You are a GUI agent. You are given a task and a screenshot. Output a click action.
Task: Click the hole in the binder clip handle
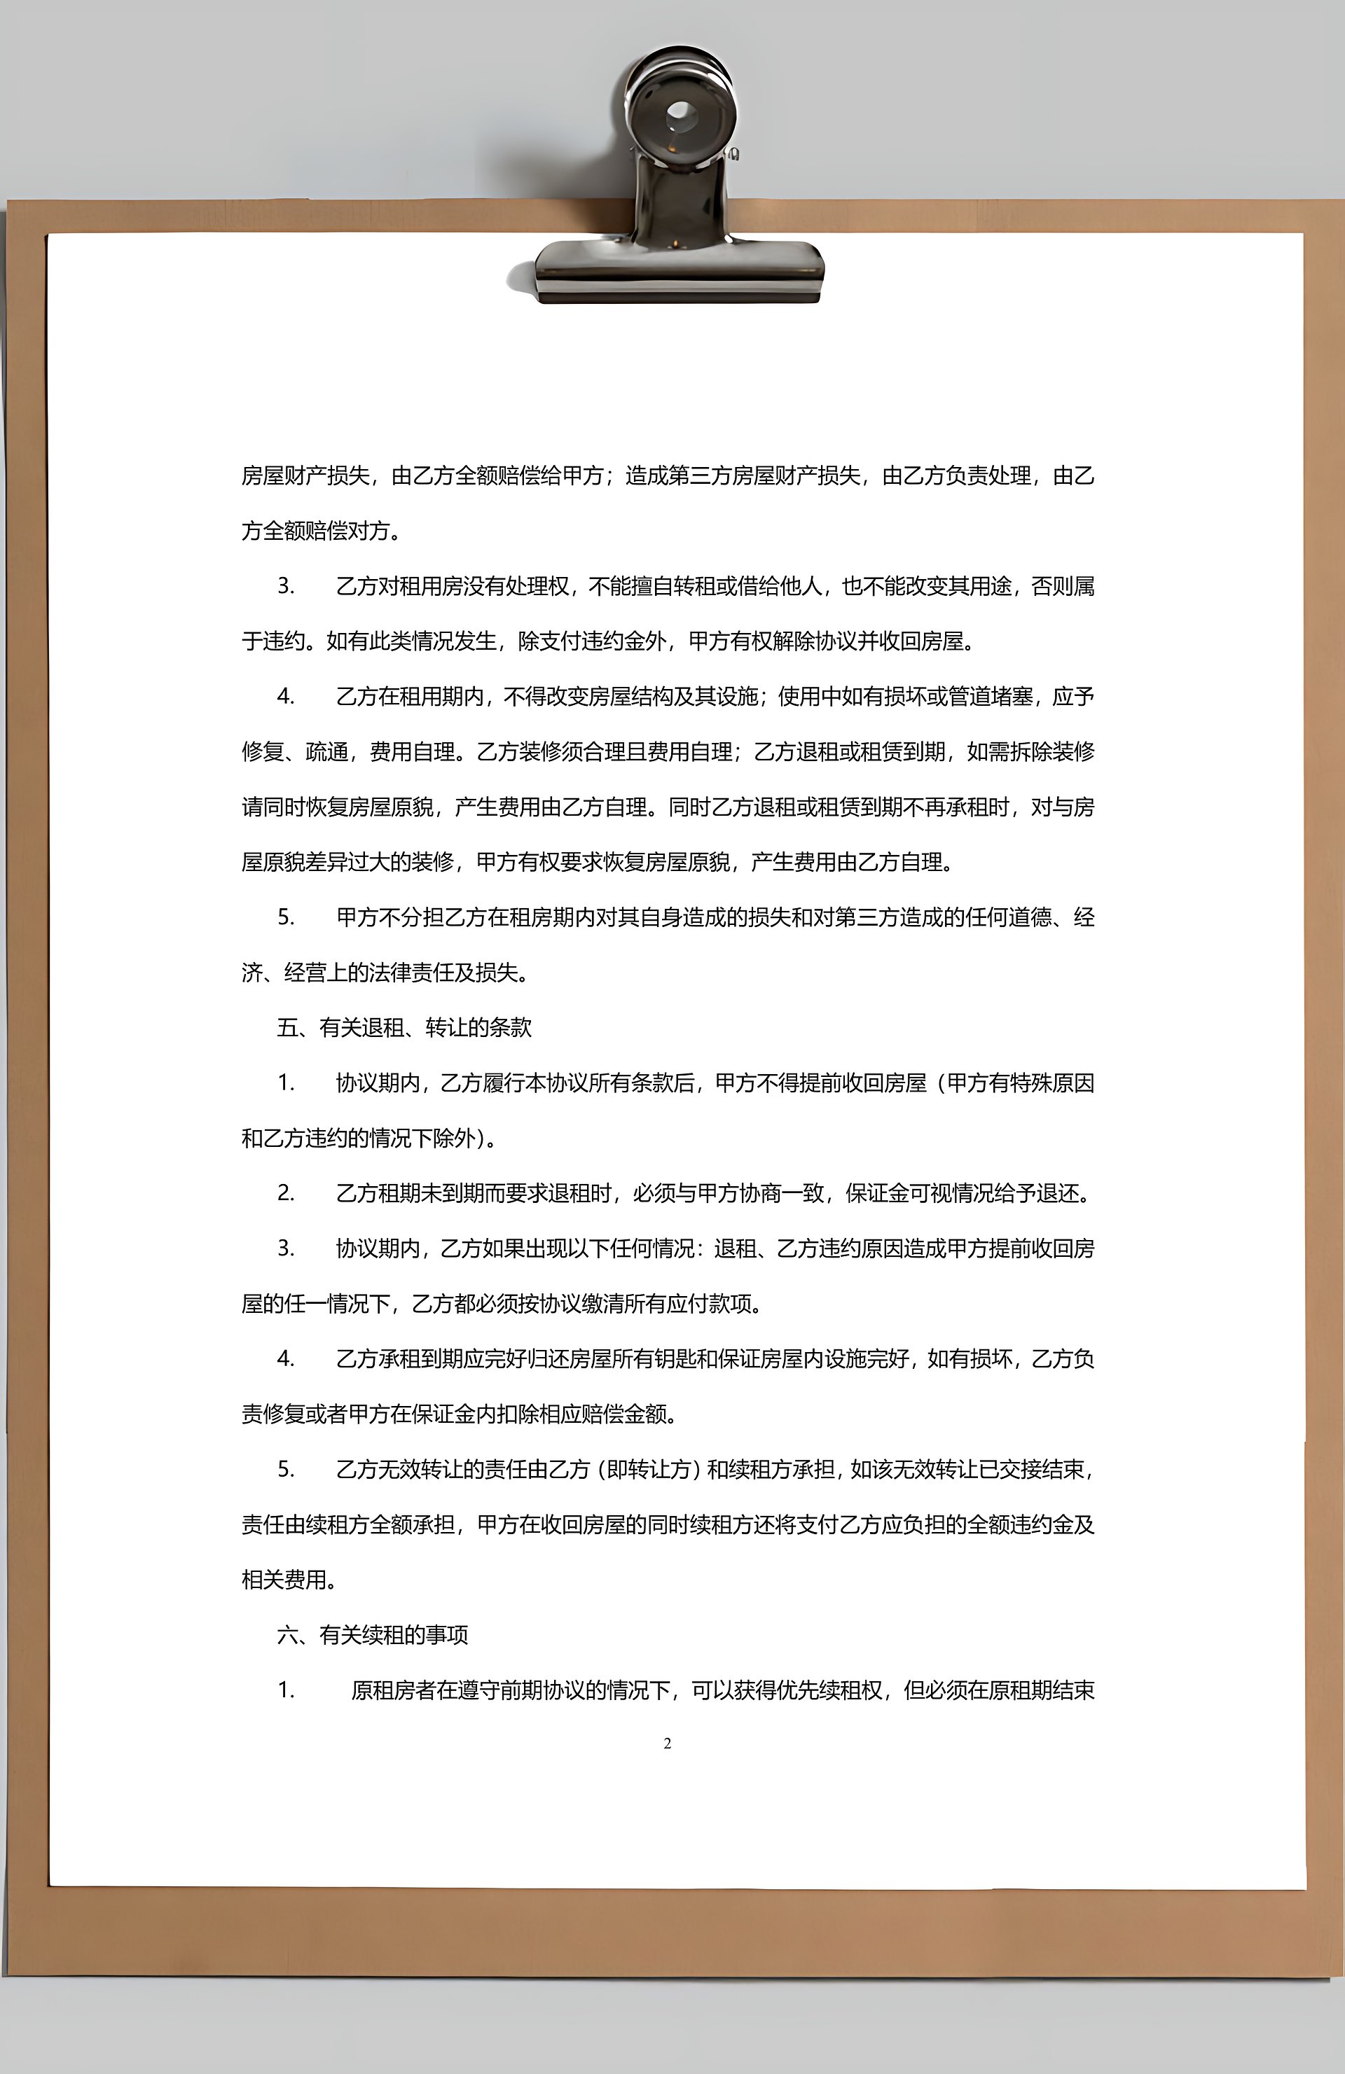pyautogui.click(x=680, y=113)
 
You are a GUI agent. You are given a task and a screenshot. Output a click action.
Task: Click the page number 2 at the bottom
pyautogui.click(x=668, y=1743)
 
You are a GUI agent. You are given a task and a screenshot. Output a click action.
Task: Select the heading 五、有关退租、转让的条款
pyautogui.click(x=403, y=1027)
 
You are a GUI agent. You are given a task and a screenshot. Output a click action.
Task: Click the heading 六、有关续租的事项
pyautogui.click(x=372, y=1635)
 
